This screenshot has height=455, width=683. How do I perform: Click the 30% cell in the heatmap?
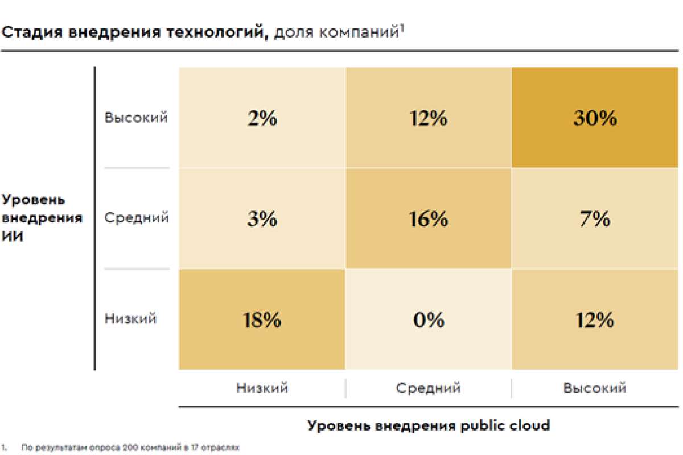[x=595, y=118]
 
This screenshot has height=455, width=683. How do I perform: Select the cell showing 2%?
[x=262, y=118]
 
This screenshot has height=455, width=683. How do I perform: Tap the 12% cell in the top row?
[x=429, y=118]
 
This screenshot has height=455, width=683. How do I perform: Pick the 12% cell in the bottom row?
[x=595, y=320]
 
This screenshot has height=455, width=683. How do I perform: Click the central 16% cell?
[x=429, y=218]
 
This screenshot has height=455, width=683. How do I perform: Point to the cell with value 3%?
[x=262, y=218]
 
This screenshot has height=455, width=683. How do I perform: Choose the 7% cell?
[x=595, y=218]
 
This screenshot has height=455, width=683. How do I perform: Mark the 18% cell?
[x=262, y=320]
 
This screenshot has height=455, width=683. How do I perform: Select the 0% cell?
[x=429, y=320]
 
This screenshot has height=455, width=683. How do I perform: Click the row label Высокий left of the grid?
[x=136, y=118]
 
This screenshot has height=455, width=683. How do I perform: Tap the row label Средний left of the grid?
[x=136, y=218]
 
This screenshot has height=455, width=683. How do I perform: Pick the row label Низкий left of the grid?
[x=130, y=318]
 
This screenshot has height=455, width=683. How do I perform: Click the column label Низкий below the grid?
[x=262, y=388]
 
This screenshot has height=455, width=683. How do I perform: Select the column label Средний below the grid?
[x=429, y=388]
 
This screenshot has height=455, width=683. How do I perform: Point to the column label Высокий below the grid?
[x=595, y=388]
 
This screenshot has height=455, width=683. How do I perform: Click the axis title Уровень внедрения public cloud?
[x=429, y=425]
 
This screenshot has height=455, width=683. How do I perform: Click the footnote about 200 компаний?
[x=129, y=448]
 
